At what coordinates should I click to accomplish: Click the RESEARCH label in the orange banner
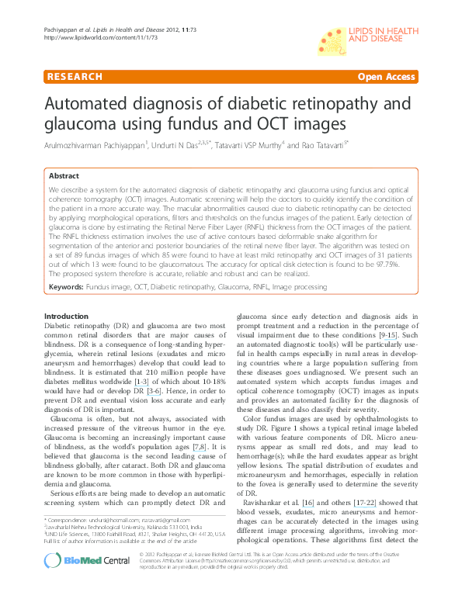point(75,77)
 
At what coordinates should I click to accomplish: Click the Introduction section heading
point(67,317)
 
